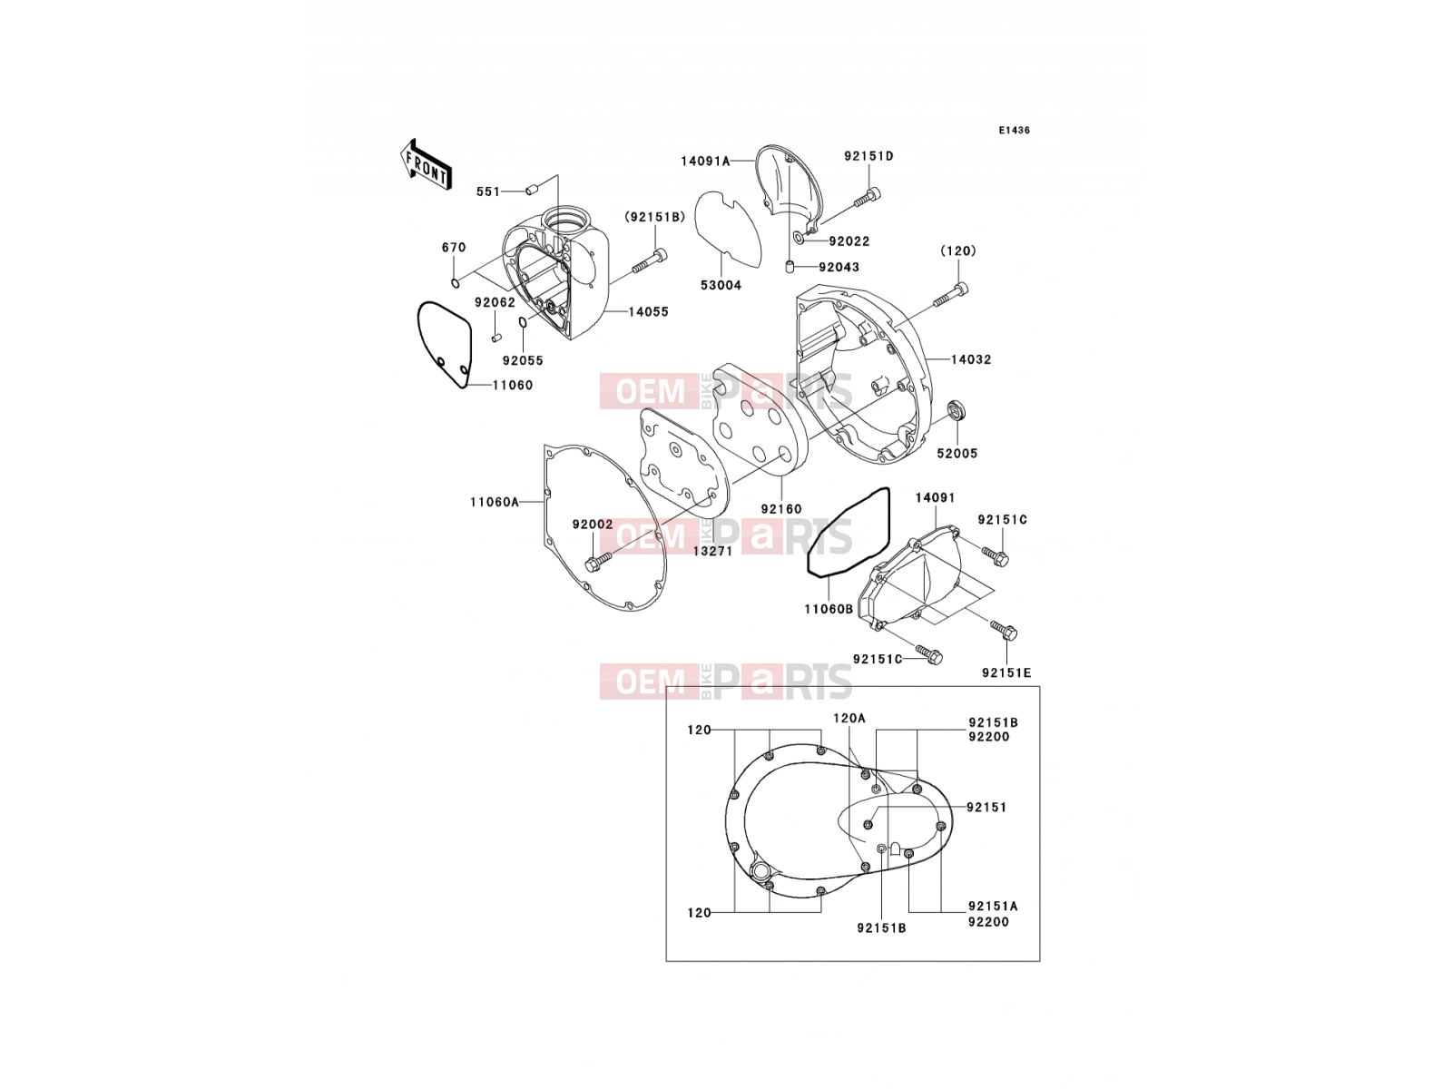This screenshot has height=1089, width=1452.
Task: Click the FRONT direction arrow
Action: (x=426, y=165)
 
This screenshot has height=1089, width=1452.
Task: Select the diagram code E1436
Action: (x=1014, y=131)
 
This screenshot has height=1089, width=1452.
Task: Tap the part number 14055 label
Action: (x=648, y=311)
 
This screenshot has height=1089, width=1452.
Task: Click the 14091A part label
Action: (x=705, y=161)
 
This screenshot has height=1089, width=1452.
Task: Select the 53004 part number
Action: (x=721, y=285)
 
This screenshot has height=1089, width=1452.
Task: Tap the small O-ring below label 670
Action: (x=456, y=284)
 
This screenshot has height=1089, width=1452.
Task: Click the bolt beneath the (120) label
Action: (x=951, y=295)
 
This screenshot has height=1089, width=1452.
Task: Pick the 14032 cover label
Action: (x=971, y=359)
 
